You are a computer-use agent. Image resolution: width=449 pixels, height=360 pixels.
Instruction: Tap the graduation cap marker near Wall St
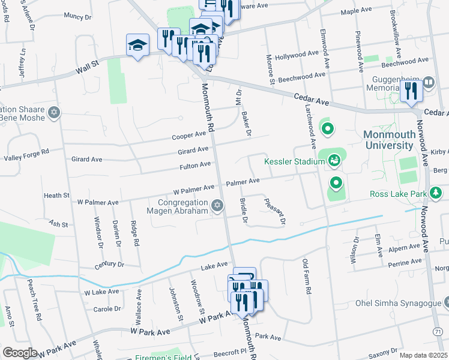(137, 45)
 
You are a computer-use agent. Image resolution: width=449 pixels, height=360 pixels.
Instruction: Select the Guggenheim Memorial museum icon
(429, 82)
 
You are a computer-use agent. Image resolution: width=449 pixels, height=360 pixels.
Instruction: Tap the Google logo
(20, 353)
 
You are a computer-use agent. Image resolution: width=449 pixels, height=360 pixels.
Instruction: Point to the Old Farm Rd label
(306, 276)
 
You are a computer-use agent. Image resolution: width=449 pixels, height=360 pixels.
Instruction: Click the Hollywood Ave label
(297, 54)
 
